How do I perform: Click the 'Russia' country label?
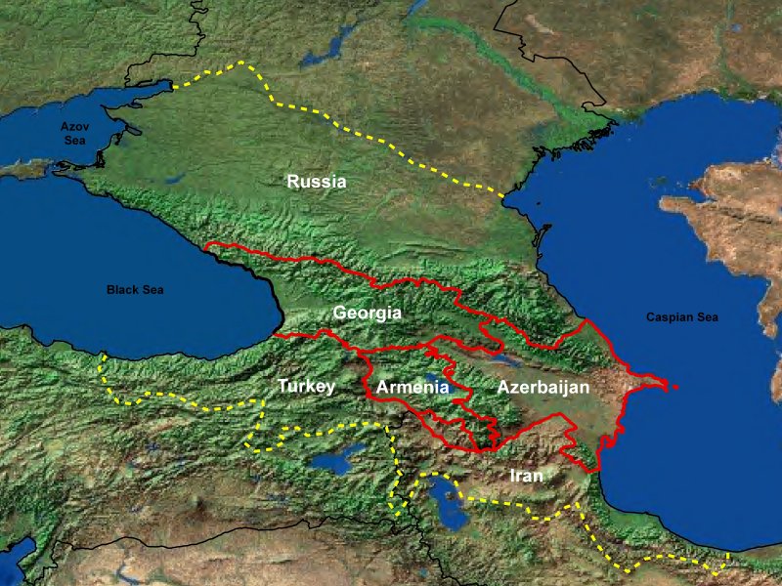(x=316, y=181)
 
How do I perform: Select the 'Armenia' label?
(x=412, y=388)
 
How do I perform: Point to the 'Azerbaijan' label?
(x=543, y=388)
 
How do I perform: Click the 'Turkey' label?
(x=306, y=386)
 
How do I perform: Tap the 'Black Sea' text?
(x=135, y=290)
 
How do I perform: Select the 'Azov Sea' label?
(x=74, y=134)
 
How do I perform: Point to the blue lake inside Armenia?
(x=437, y=378)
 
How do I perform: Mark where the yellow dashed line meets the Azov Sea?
(x=174, y=87)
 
